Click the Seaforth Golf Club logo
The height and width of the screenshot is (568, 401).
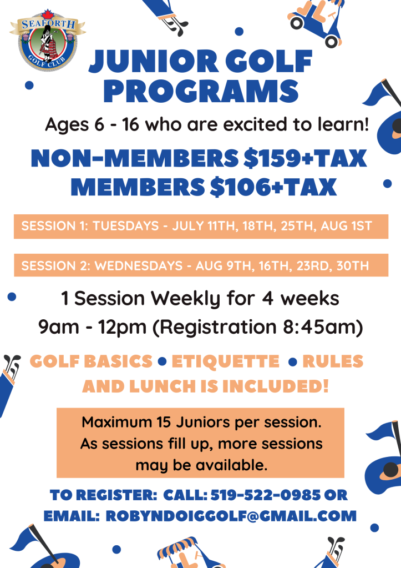[x=47, y=41]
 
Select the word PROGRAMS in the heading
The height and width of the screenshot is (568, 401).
[x=201, y=91]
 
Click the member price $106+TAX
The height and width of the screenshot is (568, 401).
[x=273, y=187]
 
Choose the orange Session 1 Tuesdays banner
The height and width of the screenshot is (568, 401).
[x=201, y=227]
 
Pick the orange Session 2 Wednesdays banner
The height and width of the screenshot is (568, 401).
[x=201, y=265]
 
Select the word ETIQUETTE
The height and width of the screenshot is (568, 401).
[x=226, y=361]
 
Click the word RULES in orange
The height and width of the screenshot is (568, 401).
[x=333, y=361]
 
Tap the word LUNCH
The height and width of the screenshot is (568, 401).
[x=163, y=386]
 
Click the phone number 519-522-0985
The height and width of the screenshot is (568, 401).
[x=266, y=495]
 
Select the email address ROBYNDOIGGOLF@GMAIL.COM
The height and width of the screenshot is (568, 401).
[x=231, y=516]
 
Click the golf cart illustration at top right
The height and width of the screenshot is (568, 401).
[x=316, y=22]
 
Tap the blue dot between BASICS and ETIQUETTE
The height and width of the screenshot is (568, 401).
[x=162, y=361]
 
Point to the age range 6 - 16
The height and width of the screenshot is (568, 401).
[x=116, y=124]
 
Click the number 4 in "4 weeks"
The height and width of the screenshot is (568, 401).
[x=267, y=299]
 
